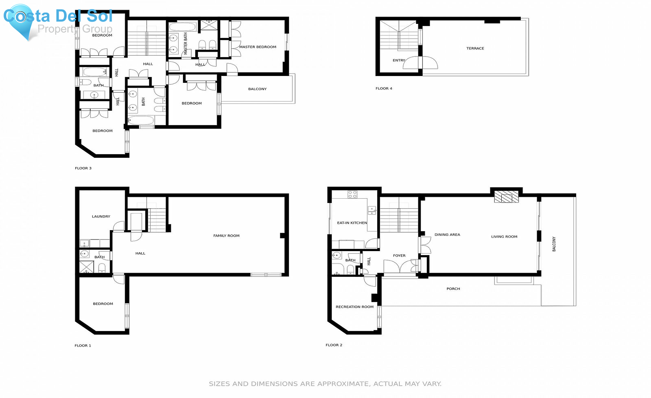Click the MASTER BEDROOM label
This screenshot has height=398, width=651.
tap(258, 47)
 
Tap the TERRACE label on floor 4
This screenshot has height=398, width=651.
tap(475, 48)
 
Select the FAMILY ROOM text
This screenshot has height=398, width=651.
tap(226, 236)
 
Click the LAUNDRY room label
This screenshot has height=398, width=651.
tap(101, 217)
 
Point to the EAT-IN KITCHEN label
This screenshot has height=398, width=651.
tap(352, 223)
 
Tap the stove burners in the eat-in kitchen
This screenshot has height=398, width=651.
tap(352, 194)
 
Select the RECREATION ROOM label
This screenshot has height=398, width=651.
tap(354, 307)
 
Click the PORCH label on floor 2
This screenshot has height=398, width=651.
tap(453, 289)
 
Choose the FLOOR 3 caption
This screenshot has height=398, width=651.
tap(83, 168)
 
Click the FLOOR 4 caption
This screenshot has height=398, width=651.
tap(384, 89)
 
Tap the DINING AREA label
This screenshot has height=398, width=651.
tap(447, 235)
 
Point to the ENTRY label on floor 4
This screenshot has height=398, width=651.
tap(399, 60)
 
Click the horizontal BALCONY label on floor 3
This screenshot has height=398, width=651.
tap(257, 89)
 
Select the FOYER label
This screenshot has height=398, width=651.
tap(399, 256)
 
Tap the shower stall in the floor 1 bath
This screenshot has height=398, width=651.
tap(87, 267)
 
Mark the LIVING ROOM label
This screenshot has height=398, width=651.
tap(504, 237)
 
